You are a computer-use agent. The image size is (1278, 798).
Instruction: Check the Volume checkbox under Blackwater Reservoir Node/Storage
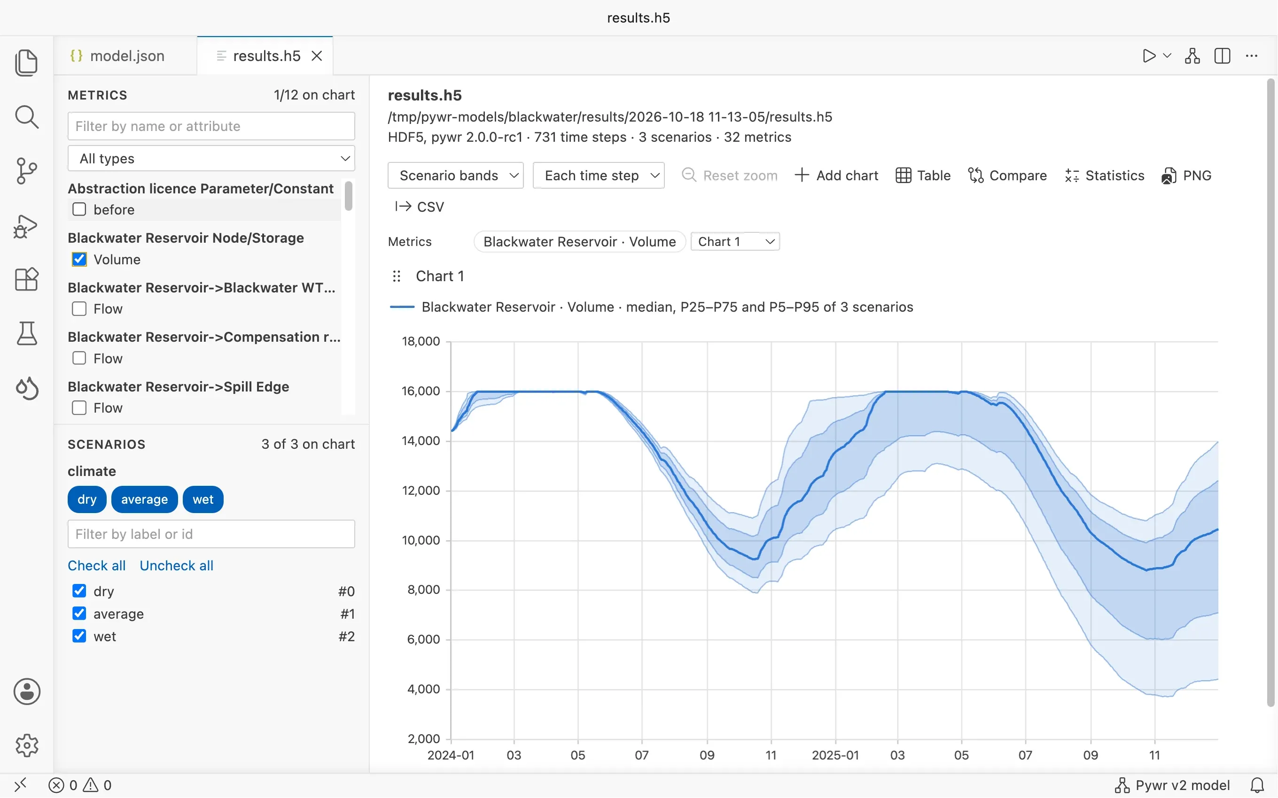tap(79, 259)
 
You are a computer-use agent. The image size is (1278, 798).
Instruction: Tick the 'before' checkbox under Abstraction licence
tap(79, 209)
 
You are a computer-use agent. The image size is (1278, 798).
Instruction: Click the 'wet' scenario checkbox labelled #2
tap(79, 636)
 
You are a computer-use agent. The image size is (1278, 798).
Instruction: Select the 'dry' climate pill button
tap(87, 499)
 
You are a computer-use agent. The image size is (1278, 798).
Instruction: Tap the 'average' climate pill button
tap(145, 499)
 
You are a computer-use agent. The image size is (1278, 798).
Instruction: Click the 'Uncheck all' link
tap(176, 565)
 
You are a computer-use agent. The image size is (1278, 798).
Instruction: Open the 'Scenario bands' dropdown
tap(456, 175)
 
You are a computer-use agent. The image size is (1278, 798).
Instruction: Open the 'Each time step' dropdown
tap(598, 175)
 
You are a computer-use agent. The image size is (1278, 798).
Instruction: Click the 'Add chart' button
tap(836, 175)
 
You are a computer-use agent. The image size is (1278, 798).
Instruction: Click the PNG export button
tap(1186, 175)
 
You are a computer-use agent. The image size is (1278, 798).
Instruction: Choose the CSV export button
tap(420, 207)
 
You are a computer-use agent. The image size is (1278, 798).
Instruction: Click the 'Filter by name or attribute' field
tap(211, 126)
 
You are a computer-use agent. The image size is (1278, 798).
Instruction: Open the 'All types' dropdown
tap(211, 158)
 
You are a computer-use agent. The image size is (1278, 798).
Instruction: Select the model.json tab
tap(118, 56)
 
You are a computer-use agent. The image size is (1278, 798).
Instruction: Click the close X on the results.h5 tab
tap(317, 56)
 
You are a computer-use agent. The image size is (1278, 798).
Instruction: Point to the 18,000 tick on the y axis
tap(421, 341)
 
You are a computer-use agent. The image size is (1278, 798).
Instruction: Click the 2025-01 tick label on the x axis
tap(835, 755)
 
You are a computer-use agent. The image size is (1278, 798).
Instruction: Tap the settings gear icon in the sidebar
tap(27, 745)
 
